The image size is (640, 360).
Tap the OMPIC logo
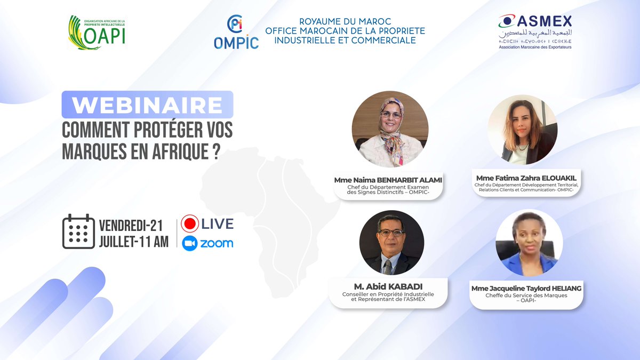pyautogui.click(x=236, y=33)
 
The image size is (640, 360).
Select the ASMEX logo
pyautogui.click(x=535, y=32)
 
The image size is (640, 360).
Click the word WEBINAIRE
pyautogui.click(x=147, y=105)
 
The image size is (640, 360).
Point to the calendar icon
pyautogui.click(x=78, y=231)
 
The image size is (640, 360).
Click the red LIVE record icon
pyautogui.click(x=190, y=223)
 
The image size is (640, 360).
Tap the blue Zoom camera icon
pyautogui.click(x=190, y=243)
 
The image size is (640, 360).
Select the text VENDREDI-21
pyautogui.click(x=131, y=224)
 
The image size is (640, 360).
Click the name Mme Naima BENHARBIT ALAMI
pyautogui.click(x=388, y=180)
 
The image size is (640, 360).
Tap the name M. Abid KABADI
pyautogui.click(x=388, y=287)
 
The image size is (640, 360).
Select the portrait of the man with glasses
pyautogui.click(x=391, y=242)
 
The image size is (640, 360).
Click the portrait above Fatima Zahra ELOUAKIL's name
pyautogui.click(x=522, y=129)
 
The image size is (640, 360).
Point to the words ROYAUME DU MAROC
pyautogui.click(x=345, y=21)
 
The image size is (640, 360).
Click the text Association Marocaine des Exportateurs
pyautogui.click(x=535, y=47)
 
